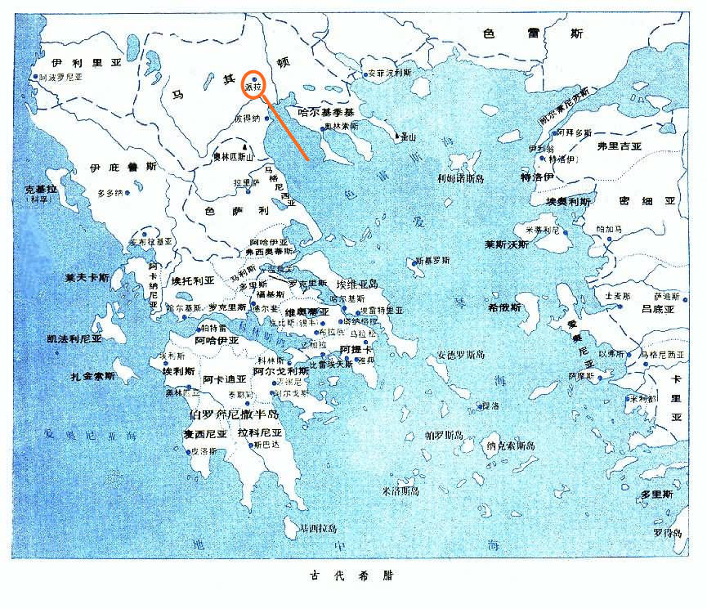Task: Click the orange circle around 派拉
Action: (x=254, y=82)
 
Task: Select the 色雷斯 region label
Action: (x=532, y=34)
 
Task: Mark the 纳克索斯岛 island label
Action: (x=509, y=446)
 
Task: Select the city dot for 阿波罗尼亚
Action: (x=34, y=77)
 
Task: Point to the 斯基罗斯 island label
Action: (x=432, y=262)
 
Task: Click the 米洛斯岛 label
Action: (x=400, y=490)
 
